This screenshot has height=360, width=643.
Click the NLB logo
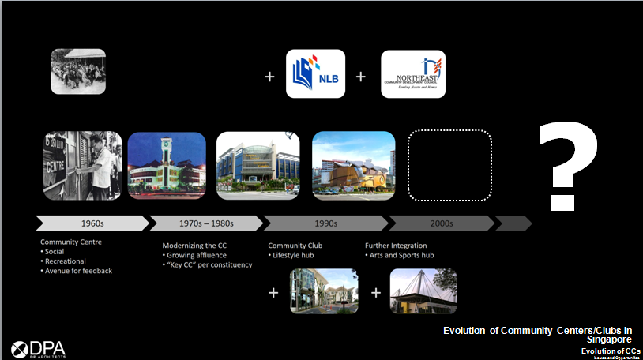315,73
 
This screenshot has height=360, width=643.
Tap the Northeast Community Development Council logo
412,73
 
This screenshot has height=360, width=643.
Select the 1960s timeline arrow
91,223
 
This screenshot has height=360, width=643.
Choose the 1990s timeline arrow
323,223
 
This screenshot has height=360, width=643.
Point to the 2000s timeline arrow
440,223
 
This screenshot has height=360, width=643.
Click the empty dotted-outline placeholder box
449,165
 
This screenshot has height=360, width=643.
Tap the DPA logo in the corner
40,348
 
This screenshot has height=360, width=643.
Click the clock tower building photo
167,165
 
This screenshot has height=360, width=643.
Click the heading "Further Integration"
396,246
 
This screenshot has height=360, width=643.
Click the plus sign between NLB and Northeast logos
361,77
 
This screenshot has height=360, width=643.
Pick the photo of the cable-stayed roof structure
423,291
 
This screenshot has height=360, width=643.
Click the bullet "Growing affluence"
197,255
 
